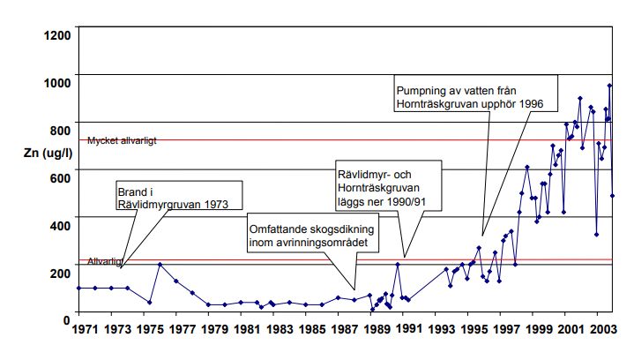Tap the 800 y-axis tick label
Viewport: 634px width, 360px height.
(59, 130)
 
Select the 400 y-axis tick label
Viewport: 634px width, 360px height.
(59, 225)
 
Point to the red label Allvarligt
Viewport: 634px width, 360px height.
(104, 262)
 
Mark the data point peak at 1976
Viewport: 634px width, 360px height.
(160, 265)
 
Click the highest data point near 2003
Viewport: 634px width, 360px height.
(609, 86)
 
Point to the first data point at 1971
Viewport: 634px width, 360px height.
(79, 288)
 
